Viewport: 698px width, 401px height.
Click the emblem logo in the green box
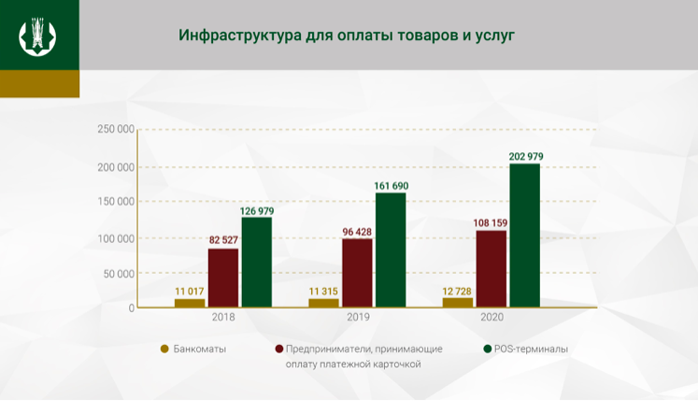37,36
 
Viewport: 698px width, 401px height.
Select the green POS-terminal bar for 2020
524,236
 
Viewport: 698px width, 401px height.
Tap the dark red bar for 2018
222,278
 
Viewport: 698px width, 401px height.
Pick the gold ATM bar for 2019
323,302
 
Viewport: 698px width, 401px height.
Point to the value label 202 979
525,156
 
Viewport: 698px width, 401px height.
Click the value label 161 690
391,186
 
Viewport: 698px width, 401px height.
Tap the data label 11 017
190,291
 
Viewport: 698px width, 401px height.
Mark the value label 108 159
491,222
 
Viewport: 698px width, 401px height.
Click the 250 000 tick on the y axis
116,129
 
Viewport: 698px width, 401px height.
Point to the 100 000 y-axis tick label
116,238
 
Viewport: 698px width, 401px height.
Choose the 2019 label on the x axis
357,317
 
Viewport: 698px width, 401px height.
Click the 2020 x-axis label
491,317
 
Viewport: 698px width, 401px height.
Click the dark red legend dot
278,349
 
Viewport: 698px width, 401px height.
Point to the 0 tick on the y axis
132,308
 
